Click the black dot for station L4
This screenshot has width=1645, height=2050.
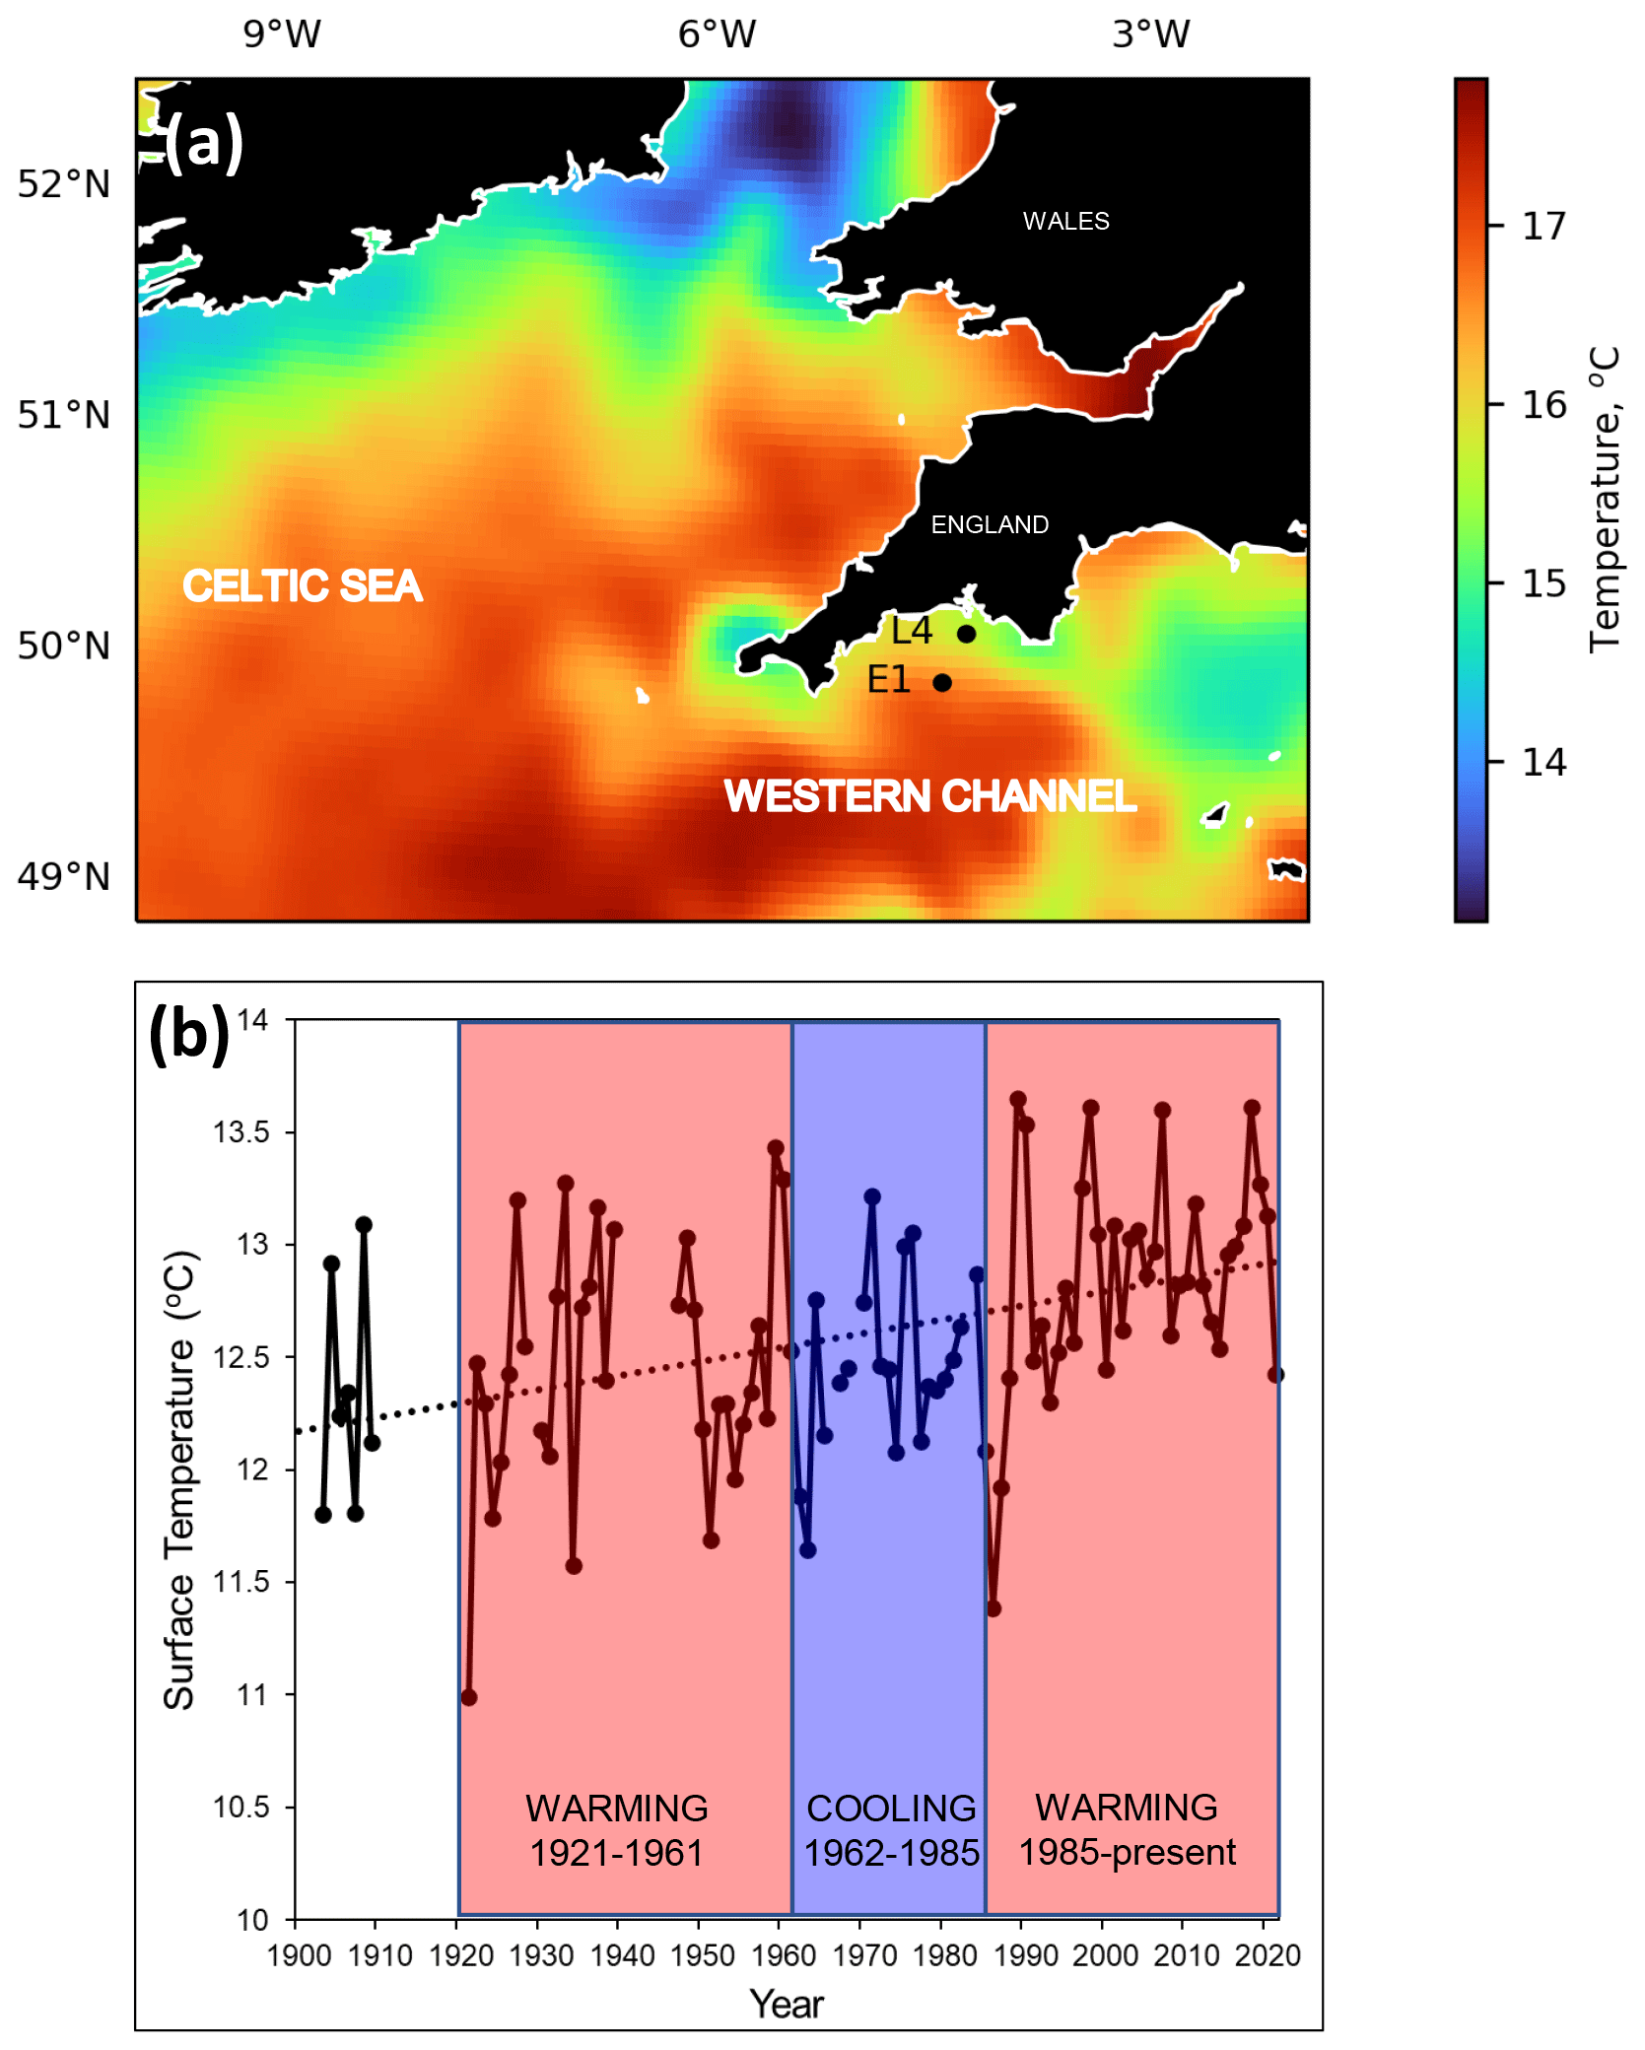coord(967,634)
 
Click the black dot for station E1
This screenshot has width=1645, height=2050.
coord(942,682)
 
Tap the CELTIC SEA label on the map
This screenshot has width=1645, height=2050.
coord(303,585)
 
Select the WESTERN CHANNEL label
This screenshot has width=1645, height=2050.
coord(929,796)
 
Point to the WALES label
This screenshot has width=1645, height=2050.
coord(1065,221)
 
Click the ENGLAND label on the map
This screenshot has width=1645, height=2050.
coord(990,524)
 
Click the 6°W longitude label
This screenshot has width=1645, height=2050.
coord(717,34)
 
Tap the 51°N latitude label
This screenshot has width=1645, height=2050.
coord(64,415)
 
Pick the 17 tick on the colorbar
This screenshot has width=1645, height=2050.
coord(1542,227)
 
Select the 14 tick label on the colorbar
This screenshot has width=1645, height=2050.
coord(1543,762)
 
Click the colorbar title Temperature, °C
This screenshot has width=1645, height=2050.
coord(1605,499)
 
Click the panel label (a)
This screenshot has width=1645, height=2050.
coord(204,141)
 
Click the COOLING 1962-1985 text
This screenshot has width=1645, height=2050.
coord(891,1830)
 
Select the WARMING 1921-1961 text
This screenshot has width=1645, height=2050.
coord(617,1830)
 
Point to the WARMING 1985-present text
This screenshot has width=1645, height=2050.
coord(1127,1829)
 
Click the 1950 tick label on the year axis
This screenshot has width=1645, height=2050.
coord(702,1955)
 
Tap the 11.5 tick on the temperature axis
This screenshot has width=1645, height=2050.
coord(240,1582)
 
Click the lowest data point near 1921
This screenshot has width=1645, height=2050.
coord(469,1697)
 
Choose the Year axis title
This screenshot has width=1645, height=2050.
coord(786,2004)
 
